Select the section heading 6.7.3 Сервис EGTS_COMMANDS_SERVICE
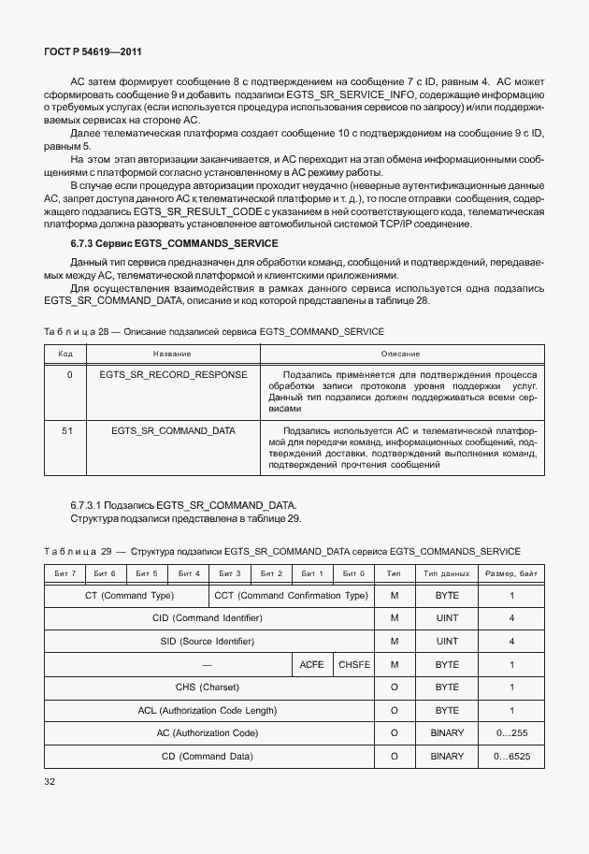pos(162,243)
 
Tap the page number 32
pos(50,780)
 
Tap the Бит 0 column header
pos(353,572)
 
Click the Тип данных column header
pos(446,572)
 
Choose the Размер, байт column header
pos(511,572)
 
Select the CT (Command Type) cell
pos(126,595)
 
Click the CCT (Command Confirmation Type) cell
pos(291,595)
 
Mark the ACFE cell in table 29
pos(312,664)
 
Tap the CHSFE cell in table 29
pos(353,664)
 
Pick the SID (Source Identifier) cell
pos(208,641)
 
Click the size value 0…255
pos(511,732)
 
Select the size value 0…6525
pos(511,755)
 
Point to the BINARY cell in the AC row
pos(446,732)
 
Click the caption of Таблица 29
pos(281,551)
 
